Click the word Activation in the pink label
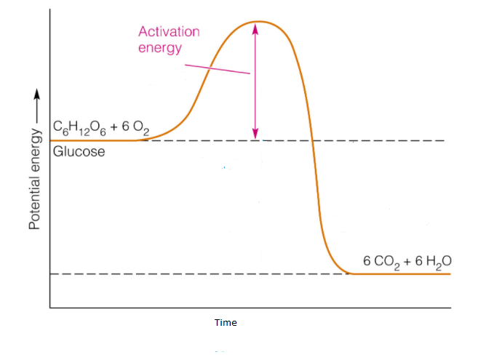(x=169, y=32)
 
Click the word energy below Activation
(x=160, y=49)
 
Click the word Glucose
(x=79, y=151)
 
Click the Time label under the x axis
(x=226, y=322)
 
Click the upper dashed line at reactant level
(x=378, y=140)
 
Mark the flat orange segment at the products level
(x=400, y=273)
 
